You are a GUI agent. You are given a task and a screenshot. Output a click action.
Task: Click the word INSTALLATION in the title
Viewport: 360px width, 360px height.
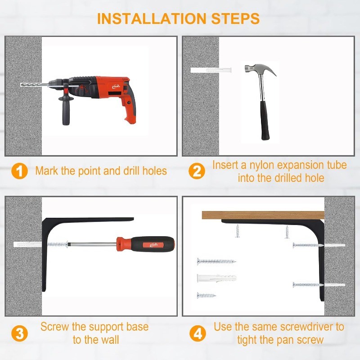tap(152, 18)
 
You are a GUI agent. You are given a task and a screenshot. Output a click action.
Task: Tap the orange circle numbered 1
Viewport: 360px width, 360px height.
tap(19, 171)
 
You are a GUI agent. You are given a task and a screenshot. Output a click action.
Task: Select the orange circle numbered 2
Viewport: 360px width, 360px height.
tap(197, 171)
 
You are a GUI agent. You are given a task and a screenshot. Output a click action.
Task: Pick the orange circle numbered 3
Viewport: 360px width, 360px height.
tap(19, 333)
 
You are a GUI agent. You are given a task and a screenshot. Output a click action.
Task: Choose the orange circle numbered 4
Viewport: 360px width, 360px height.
tap(198, 333)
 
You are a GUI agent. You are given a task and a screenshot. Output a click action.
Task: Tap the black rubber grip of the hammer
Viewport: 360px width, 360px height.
tap(265, 120)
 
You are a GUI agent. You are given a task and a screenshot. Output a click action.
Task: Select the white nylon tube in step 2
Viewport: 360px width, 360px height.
tap(211, 70)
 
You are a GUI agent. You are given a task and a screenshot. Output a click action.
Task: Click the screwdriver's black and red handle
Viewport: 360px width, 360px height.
tap(145, 244)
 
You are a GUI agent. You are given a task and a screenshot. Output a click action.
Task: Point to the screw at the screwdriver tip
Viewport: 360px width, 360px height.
tap(58, 244)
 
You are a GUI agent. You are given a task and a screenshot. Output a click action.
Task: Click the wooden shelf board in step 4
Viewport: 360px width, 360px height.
tap(263, 215)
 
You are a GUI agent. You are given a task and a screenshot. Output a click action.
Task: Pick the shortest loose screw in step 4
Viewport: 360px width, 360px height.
tap(207, 295)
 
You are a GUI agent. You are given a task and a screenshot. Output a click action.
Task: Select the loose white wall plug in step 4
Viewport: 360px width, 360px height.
tap(216, 278)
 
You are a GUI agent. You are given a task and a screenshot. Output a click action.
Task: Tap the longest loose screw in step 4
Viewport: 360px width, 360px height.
tap(216, 261)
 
